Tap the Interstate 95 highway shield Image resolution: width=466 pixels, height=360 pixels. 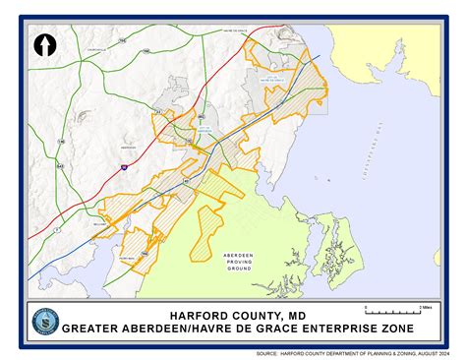124,168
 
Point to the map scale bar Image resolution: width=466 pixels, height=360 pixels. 391,314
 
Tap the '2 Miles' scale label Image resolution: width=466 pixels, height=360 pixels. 425,308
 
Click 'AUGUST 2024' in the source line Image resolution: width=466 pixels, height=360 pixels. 426,352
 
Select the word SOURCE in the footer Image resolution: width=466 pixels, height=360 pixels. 265,352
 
